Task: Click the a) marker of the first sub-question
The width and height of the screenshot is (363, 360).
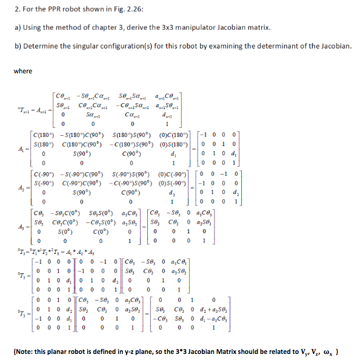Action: [x=18, y=28]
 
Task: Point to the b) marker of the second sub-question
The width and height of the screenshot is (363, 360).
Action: [x=18, y=47]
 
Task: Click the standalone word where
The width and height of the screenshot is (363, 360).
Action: [x=23, y=71]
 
